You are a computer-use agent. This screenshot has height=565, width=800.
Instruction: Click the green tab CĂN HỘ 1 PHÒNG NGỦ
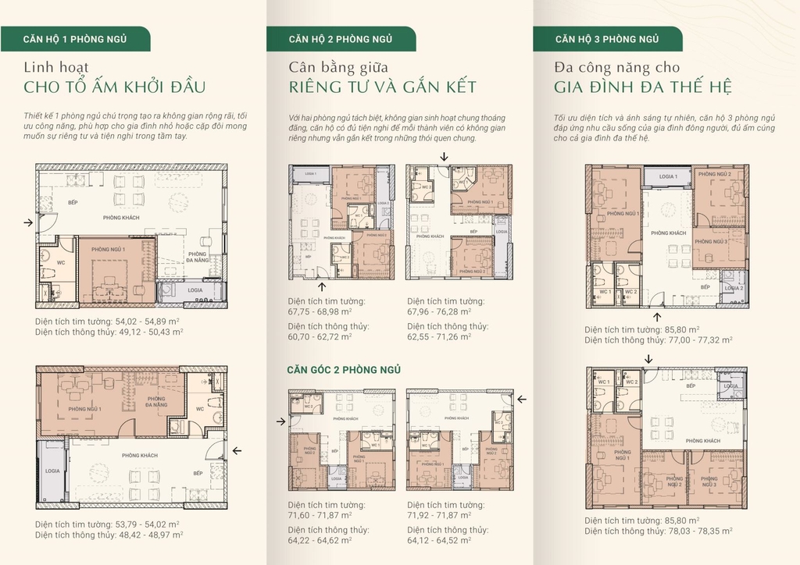[75, 38]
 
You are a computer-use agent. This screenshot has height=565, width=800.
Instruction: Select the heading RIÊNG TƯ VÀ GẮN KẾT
[382, 87]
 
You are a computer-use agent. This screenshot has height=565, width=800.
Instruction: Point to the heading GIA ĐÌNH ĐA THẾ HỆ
[642, 87]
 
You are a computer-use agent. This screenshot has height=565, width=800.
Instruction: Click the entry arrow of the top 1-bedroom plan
[28, 223]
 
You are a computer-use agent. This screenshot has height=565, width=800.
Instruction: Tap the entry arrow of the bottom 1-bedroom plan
[237, 450]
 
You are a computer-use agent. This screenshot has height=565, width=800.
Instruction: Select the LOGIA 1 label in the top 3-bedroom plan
[667, 177]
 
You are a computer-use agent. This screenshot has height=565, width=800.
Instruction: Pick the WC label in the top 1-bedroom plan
[60, 263]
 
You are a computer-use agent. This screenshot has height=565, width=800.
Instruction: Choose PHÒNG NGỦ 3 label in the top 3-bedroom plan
[713, 241]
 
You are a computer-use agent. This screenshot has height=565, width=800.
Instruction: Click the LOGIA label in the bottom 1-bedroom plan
[52, 471]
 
